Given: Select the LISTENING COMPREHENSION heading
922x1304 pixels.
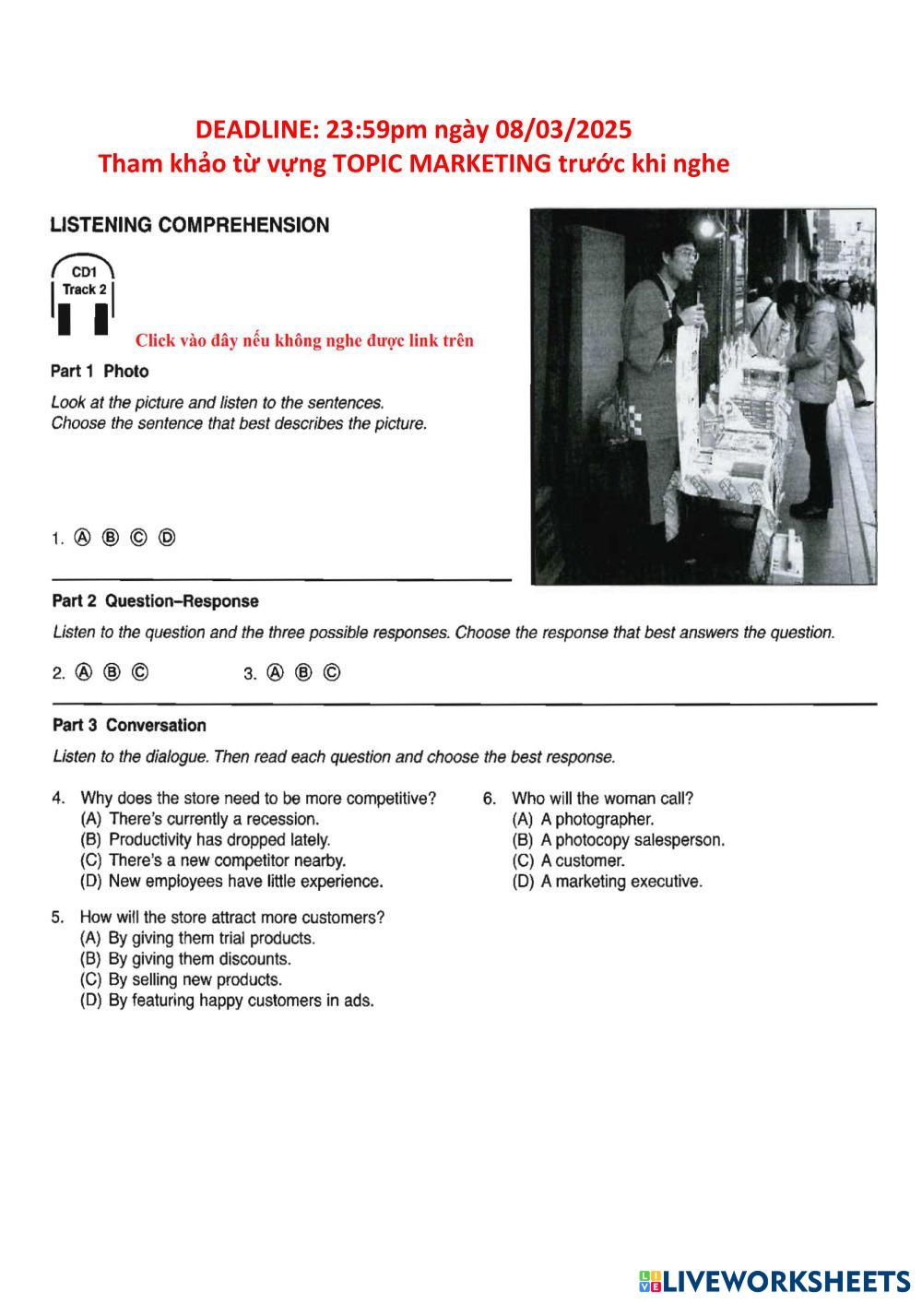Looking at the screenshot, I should point(189,225).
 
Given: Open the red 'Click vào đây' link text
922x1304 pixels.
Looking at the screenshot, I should point(304,340).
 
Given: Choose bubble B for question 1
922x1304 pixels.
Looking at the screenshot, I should point(111,538).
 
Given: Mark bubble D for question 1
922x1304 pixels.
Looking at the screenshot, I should point(167,538).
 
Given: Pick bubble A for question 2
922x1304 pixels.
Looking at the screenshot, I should point(84,672).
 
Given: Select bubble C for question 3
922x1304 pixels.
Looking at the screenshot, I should point(332,672).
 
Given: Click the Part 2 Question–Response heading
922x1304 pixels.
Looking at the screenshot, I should point(155,601).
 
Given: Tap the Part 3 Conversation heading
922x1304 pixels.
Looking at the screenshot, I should point(129,725).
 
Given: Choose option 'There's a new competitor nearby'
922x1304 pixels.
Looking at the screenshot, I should point(226,860).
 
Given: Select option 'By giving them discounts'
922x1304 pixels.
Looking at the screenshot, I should point(198,959).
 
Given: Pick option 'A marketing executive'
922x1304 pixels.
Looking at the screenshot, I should point(621,882).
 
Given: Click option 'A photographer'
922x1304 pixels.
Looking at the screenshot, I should point(597,819).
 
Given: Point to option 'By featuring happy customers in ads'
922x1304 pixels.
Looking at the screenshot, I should point(240,1001).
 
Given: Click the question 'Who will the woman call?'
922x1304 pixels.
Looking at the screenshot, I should point(602,799).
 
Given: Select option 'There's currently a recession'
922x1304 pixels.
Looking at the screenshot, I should point(213,819).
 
